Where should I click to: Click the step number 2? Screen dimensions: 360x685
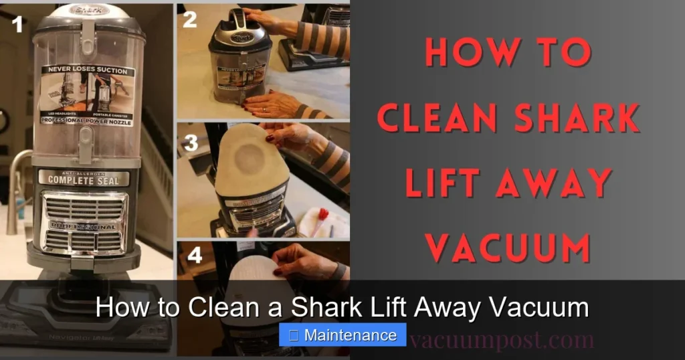[x=190, y=20]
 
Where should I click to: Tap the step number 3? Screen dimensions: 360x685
[x=191, y=142]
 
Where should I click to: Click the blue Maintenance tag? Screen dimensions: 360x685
[x=342, y=335]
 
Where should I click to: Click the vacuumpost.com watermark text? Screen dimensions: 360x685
[x=502, y=340]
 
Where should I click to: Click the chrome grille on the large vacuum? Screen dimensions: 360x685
[x=84, y=221]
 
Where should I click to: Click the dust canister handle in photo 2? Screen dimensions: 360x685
[x=238, y=20]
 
